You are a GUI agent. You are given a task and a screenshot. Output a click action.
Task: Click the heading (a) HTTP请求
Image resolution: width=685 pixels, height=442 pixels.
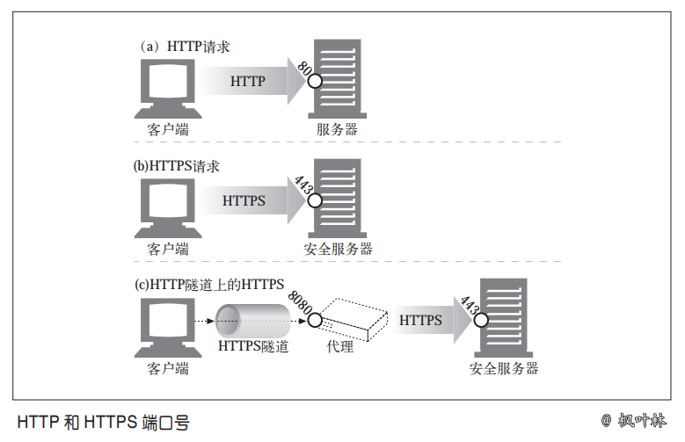(x=185, y=47)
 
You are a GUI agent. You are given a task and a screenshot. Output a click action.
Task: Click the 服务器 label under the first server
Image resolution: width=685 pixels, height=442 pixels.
(x=337, y=129)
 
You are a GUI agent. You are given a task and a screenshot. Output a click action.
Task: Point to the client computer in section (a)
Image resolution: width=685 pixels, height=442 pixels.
(x=167, y=89)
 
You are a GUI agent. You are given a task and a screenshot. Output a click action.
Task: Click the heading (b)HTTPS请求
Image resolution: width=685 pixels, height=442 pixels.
(x=176, y=165)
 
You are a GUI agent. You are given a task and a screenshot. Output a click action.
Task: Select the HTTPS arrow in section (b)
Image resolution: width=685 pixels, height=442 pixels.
(x=247, y=199)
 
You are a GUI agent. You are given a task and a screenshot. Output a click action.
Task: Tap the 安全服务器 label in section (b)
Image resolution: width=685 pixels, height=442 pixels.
(x=338, y=249)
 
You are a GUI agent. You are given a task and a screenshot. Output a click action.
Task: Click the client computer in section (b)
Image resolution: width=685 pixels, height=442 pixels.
(x=167, y=208)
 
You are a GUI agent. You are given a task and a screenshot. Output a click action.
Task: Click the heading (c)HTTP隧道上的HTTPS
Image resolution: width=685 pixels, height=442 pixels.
(x=208, y=284)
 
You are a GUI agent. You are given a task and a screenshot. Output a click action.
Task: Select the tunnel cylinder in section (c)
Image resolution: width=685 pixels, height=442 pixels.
(x=253, y=321)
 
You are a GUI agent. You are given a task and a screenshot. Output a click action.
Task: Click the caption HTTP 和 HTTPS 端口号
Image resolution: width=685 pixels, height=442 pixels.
(x=103, y=422)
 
